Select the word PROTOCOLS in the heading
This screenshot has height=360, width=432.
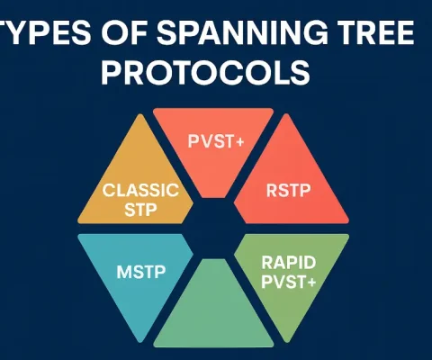[x=216, y=72]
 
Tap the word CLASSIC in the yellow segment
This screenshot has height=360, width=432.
[x=141, y=190]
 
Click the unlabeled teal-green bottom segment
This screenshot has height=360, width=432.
[x=215, y=315]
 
